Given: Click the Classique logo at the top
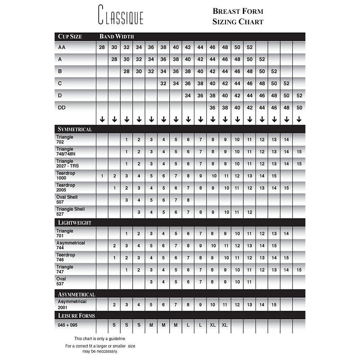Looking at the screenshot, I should click(x=121, y=15).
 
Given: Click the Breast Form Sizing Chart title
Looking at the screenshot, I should click(x=238, y=16).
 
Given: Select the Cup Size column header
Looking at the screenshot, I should click(x=70, y=37).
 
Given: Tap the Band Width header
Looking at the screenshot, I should click(x=116, y=37).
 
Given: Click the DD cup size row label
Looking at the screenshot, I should click(x=61, y=107).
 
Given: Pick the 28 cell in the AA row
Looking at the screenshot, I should click(x=102, y=47).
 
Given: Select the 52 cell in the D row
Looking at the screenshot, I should click(x=299, y=95).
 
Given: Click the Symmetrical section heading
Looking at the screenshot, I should click(x=75, y=129).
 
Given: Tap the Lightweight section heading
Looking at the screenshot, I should click(x=74, y=223).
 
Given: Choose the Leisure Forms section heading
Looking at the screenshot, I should click(x=76, y=316).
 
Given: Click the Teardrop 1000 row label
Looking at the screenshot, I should click(x=66, y=175).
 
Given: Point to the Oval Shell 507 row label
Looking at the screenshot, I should click(x=67, y=199).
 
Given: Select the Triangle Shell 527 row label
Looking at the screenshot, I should click(x=70, y=211).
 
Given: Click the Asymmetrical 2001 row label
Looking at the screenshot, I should click(x=72, y=304).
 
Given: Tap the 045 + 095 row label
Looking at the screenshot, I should click(x=67, y=325).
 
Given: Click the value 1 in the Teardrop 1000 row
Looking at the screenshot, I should click(x=102, y=176).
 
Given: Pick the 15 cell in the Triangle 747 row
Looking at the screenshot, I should click(x=299, y=270).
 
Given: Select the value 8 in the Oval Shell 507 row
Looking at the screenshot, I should click(x=188, y=200).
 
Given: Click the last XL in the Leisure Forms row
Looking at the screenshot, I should click(x=225, y=325).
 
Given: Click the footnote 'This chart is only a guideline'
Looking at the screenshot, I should click(x=100, y=338).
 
